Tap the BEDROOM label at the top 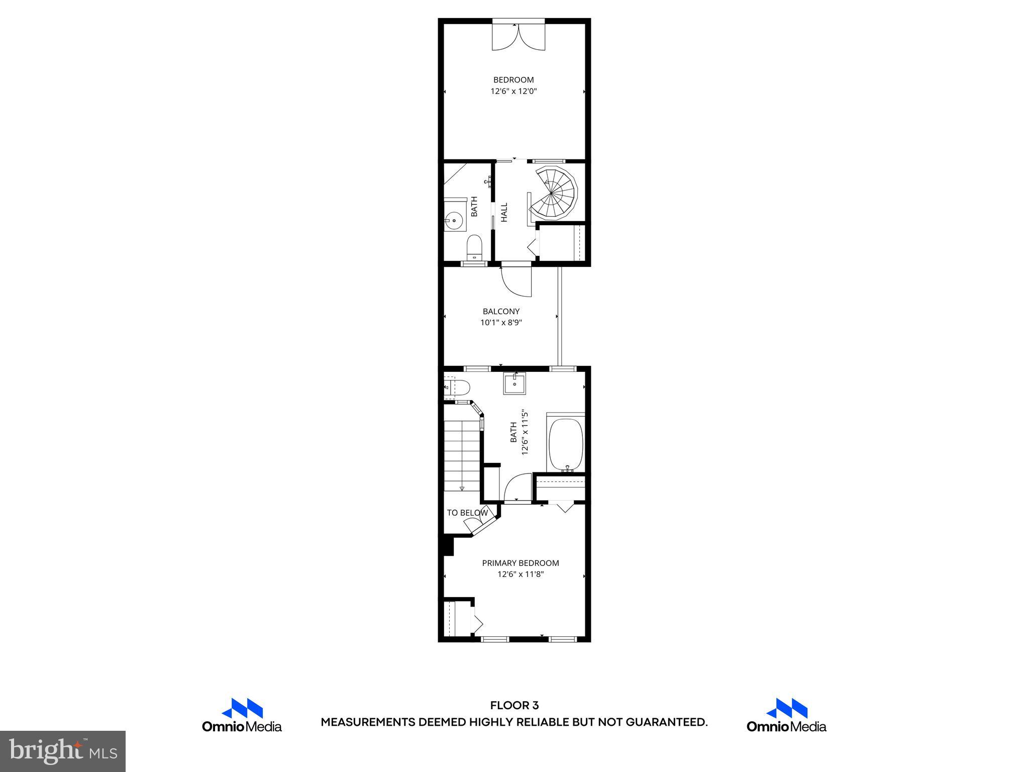(513, 79)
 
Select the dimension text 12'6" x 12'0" (513, 91)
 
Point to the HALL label (504, 212)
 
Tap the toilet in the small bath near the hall (474, 247)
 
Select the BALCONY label (501, 311)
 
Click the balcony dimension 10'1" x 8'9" (501, 323)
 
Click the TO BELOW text (467, 513)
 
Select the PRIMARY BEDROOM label (521, 563)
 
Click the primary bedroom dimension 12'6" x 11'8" (521, 574)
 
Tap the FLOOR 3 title (514, 706)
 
